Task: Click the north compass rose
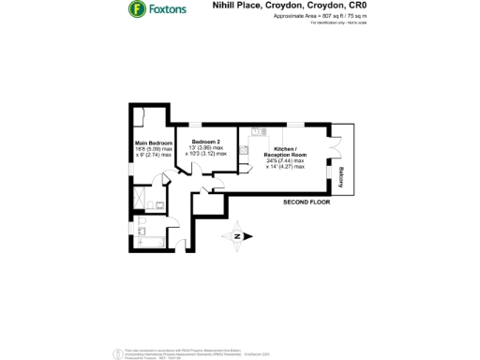tap(238, 236)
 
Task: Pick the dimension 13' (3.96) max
tap(206, 147)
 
